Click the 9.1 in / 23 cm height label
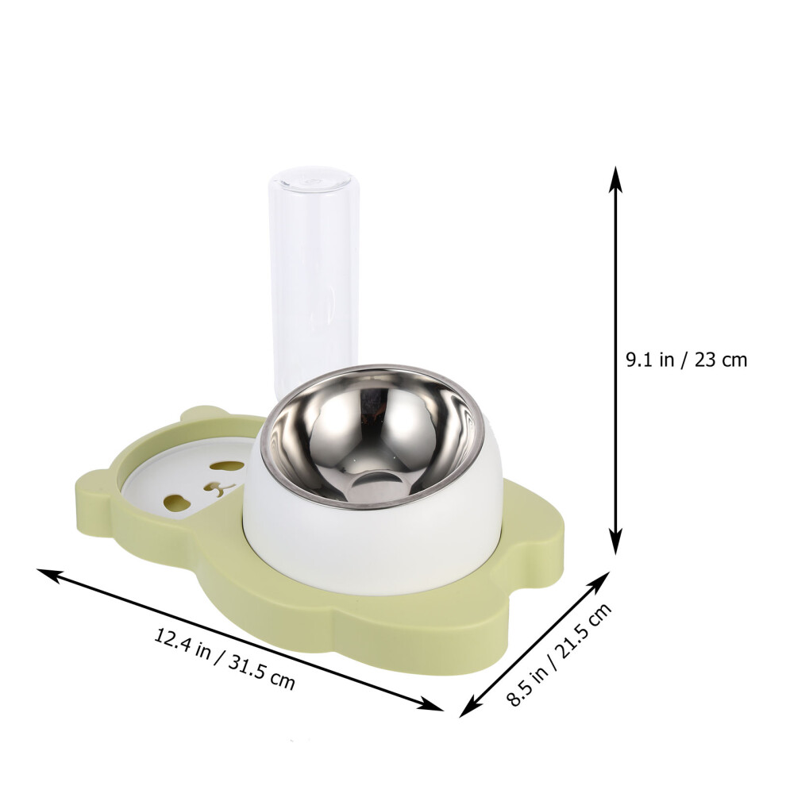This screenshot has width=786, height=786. (x=686, y=360)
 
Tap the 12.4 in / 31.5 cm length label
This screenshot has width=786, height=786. (x=224, y=660)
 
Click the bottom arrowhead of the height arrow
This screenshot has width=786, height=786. (x=616, y=541)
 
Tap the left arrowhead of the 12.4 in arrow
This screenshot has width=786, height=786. (x=50, y=576)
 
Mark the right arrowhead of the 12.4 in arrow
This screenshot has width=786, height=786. (x=430, y=703)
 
